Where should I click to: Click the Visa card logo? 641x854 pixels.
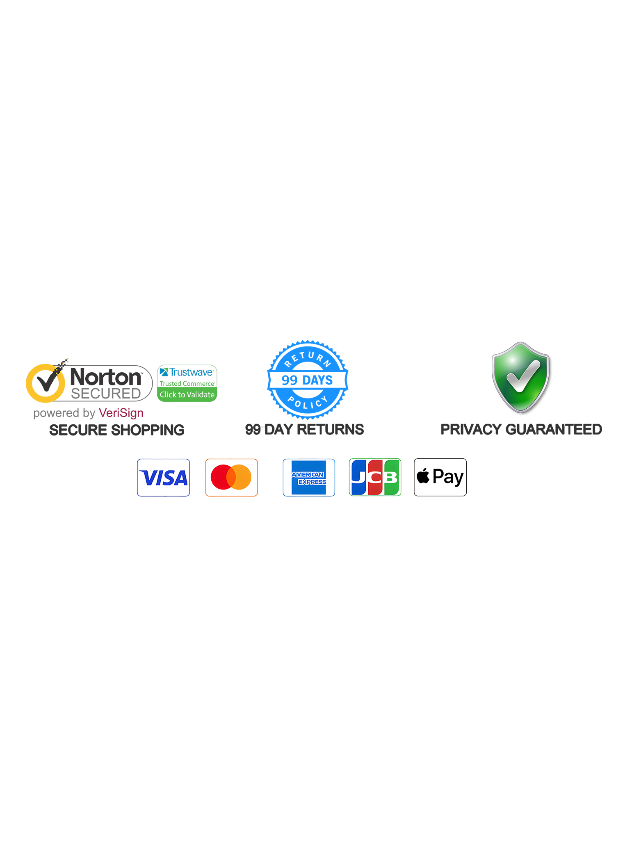163,477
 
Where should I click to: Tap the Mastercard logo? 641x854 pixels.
231,477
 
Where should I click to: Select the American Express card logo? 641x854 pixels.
309,477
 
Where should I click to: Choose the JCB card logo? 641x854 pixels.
375,477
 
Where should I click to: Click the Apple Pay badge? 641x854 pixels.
440,477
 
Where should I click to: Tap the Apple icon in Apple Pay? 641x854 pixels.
423,476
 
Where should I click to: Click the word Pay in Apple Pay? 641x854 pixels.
448,477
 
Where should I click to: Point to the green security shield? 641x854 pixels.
520,377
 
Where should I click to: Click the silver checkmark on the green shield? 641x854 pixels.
522,376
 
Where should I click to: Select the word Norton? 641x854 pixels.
107,376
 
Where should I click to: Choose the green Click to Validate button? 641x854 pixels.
187,394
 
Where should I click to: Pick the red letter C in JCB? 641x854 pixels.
375,477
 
